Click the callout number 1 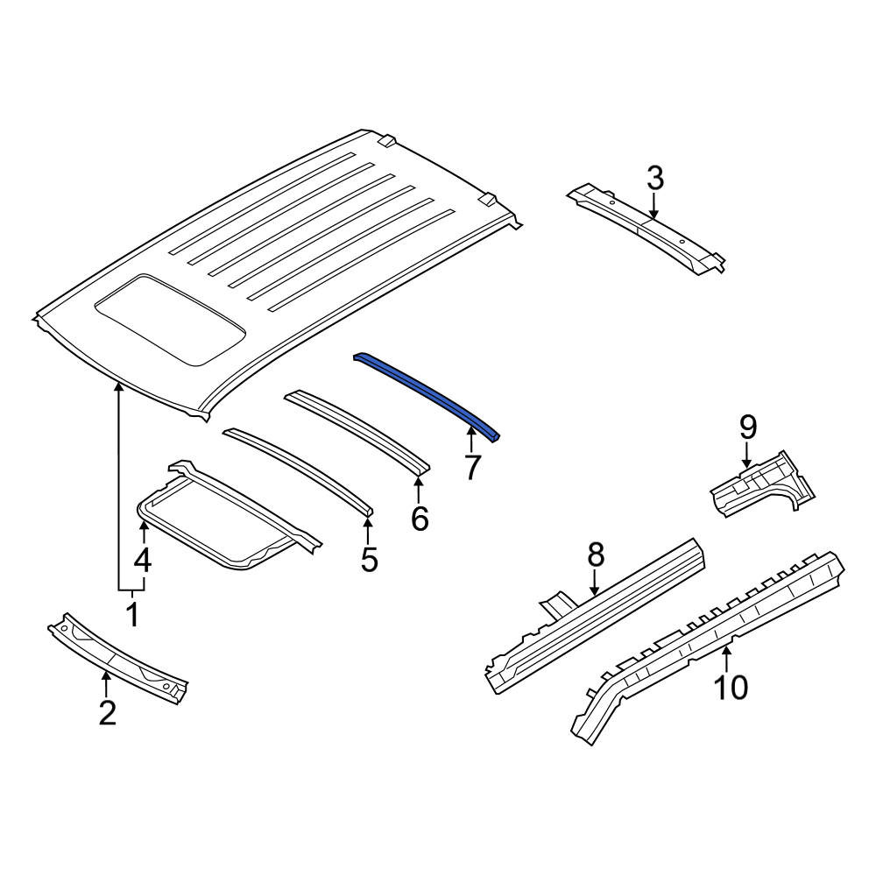[x=132, y=614]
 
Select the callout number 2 [x=107, y=712]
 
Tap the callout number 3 [x=655, y=178]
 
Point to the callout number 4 [x=143, y=560]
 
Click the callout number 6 [x=419, y=519]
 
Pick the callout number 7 [x=472, y=467]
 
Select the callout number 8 [x=596, y=555]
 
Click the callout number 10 [x=731, y=687]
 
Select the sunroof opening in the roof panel [x=170, y=319]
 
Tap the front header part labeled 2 [x=118, y=658]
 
